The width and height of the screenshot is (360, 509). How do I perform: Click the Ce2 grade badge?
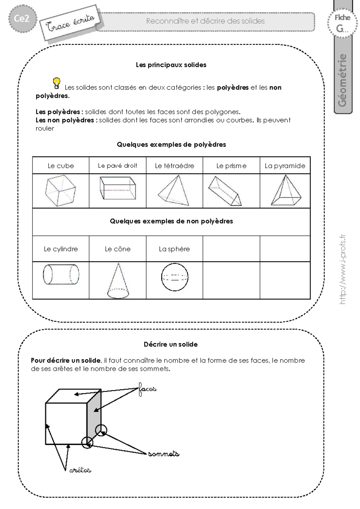tap(22, 19)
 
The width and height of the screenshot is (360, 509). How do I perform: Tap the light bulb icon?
tap(56, 83)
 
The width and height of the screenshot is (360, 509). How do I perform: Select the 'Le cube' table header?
tap(61, 166)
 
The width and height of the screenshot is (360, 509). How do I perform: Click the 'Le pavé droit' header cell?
tap(118, 166)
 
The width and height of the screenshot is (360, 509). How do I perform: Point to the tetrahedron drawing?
tap(174, 190)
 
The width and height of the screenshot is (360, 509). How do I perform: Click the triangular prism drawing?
tap(225, 191)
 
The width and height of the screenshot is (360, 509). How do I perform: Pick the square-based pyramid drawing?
tap(286, 190)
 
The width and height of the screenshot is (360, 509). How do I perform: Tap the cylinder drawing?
tap(61, 274)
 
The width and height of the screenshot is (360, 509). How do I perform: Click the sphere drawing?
tap(175, 277)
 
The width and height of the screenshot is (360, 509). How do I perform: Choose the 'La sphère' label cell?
tap(174, 249)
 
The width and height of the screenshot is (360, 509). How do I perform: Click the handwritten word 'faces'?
tap(147, 389)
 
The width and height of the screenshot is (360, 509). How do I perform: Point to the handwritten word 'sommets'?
tap(164, 454)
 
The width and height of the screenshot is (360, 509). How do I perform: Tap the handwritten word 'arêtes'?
tap(80, 470)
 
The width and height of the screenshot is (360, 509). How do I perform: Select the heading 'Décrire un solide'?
tap(171, 344)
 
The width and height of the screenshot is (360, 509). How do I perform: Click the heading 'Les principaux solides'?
tap(171, 65)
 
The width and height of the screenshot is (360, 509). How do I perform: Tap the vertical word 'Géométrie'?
tap(342, 80)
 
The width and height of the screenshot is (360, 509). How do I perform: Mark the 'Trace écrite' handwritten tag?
tap(70, 23)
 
